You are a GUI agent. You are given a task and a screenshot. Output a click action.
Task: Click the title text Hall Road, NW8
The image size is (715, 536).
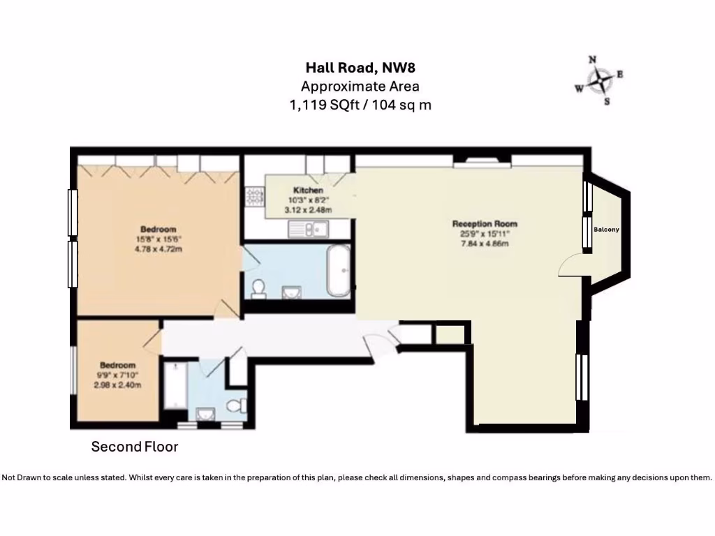tap(355, 68)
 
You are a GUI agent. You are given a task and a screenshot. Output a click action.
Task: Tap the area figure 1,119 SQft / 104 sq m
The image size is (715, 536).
tap(360, 105)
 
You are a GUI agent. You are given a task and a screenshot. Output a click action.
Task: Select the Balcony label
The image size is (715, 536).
tap(606, 230)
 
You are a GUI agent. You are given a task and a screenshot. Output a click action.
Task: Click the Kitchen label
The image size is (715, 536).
tap(308, 191)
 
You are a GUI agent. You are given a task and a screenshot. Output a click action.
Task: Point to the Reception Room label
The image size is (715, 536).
tap(485, 224)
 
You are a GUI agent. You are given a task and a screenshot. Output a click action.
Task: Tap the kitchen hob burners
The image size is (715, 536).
tap(252, 198)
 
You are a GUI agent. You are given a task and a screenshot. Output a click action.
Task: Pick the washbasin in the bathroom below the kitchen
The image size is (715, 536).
tap(292, 291)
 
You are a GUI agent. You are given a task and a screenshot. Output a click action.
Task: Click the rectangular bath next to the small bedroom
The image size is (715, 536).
tap(174, 387)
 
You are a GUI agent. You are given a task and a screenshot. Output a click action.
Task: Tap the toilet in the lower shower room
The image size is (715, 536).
tap(237, 405)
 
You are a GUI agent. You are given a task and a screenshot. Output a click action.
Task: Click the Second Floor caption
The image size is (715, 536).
tap(135, 447)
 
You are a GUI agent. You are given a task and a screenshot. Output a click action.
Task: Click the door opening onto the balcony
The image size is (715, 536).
tap(571, 265)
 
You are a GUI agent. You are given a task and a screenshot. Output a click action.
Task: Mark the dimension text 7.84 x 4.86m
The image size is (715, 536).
tap(485, 244)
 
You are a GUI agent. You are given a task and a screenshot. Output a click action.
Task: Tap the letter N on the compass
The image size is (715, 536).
tap(592, 61)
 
